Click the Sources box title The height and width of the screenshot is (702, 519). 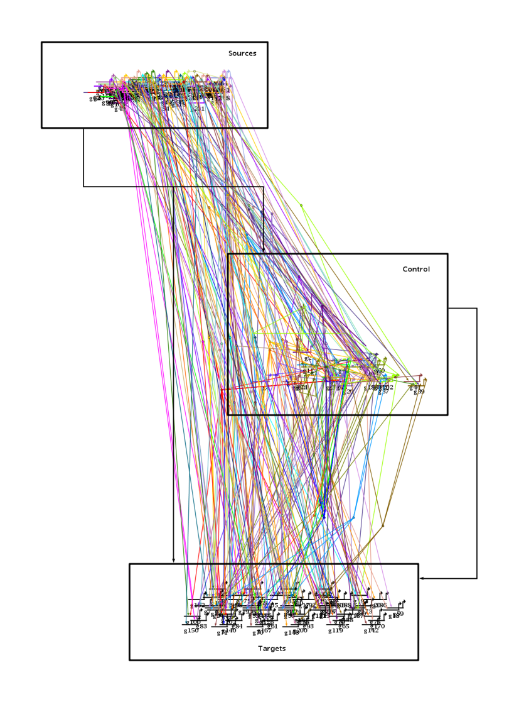tap(242, 53)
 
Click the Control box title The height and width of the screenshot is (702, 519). tap(416, 269)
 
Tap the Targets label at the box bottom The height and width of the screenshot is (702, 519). tap(272, 648)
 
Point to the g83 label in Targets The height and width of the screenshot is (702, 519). tap(201, 626)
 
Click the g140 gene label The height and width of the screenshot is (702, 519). tap(230, 630)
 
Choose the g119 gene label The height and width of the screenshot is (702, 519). tap(335, 630)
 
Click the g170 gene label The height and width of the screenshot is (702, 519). tap(378, 626)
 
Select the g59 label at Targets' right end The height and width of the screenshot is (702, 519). tap(399, 613)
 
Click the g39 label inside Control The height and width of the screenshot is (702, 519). tap(419, 392)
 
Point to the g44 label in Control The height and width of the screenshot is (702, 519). tap(415, 387)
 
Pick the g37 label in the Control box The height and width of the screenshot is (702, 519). tap(383, 392)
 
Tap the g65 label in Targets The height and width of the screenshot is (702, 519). tap(344, 626)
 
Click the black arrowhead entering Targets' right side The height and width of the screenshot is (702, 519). tap(422, 578)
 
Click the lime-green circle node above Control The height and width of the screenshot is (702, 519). tap(301, 205)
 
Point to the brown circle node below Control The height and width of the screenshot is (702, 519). tap(383, 525)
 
